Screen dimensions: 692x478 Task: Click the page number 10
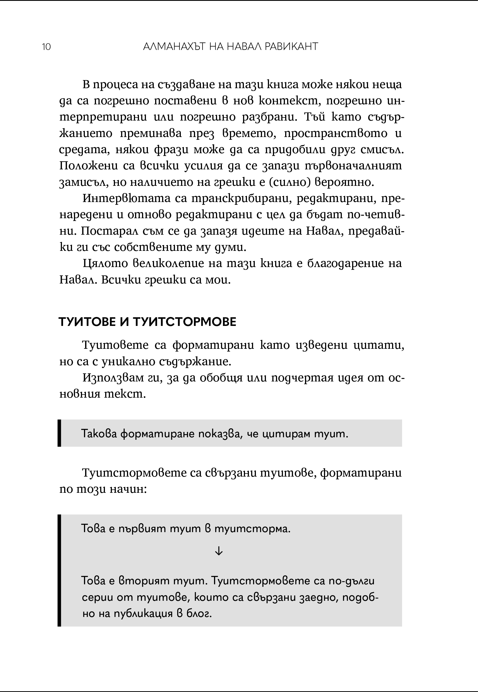(46, 47)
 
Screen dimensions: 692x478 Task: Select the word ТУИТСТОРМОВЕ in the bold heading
(184, 322)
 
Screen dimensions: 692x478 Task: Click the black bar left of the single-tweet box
(59, 433)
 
